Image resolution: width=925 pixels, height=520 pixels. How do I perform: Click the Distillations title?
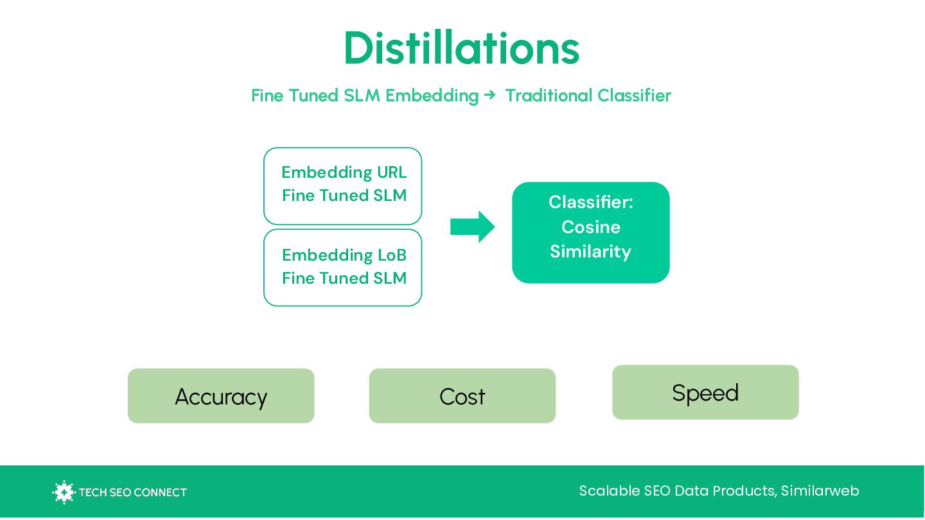[461, 48]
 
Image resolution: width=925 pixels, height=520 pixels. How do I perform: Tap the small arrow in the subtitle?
[490, 95]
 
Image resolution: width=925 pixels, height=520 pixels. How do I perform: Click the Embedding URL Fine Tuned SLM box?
[343, 186]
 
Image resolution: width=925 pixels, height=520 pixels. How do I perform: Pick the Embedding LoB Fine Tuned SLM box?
[343, 267]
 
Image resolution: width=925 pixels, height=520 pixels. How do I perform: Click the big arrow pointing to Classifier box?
[472, 227]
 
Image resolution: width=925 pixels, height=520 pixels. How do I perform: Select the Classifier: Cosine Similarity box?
[590, 232]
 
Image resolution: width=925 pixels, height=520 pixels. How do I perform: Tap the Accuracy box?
[221, 396]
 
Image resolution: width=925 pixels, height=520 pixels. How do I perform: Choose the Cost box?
[462, 396]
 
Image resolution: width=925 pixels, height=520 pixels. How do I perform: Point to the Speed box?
[705, 392]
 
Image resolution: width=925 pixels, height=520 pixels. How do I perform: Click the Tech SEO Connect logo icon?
[64, 492]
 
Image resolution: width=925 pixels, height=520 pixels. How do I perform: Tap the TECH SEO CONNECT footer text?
[132, 492]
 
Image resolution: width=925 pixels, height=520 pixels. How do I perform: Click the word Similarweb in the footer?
[820, 491]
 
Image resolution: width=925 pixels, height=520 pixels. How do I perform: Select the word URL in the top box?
[391, 172]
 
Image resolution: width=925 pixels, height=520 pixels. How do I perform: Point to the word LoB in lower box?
[391, 255]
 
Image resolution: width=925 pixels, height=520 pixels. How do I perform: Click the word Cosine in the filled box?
[590, 227]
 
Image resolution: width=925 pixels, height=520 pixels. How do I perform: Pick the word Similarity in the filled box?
[590, 251]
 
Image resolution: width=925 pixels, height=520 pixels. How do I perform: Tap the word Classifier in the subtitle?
[634, 96]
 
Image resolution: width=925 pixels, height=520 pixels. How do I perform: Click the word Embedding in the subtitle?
[432, 96]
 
